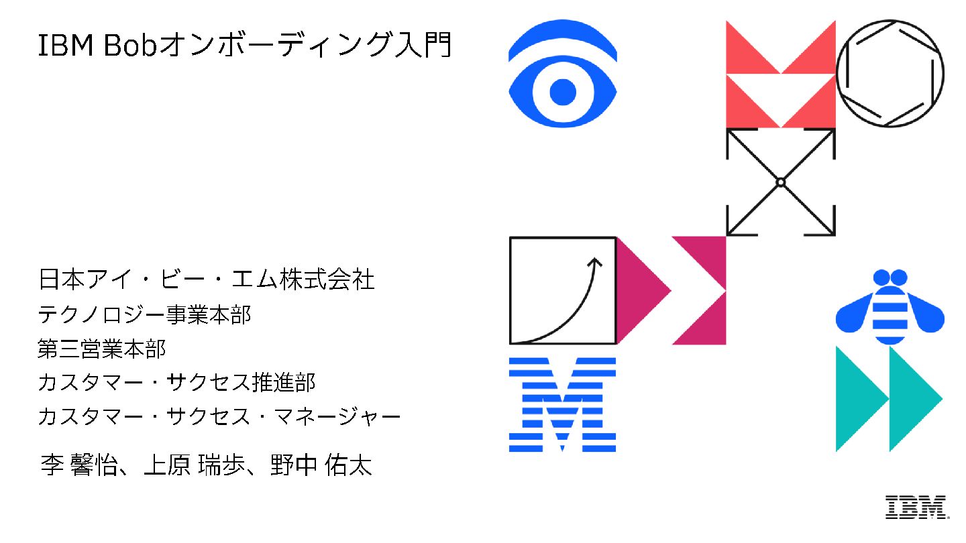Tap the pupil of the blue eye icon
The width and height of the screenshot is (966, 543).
click(x=563, y=92)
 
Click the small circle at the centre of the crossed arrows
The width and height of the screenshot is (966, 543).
click(x=780, y=182)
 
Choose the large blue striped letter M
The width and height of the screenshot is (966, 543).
click(x=562, y=404)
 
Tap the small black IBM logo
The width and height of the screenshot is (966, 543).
click(x=916, y=507)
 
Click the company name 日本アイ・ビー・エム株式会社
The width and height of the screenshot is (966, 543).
click(x=207, y=280)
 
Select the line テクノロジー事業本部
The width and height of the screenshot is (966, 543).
click(x=145, y=314)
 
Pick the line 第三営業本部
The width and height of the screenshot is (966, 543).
click(x=101, y=349)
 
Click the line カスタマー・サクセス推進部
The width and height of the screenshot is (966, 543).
click(x=176, y=383)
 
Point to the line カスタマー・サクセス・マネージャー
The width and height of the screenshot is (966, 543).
click(x=219, y=417)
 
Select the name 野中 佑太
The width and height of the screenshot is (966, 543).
click(x=320, y=465)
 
